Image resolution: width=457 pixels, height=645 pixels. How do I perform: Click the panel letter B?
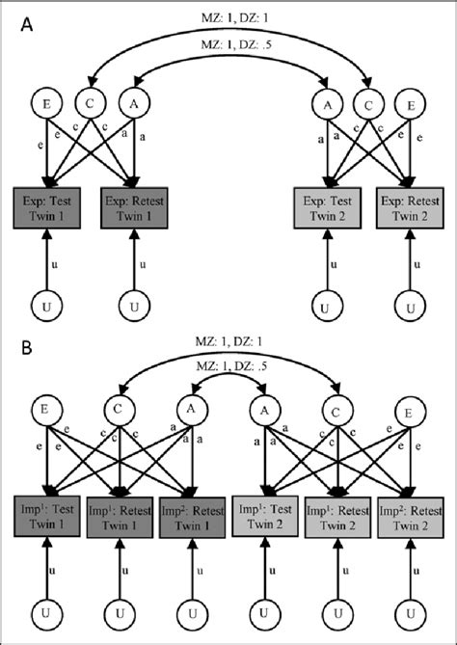click(27, 342)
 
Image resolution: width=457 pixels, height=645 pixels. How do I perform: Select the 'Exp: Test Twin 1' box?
click(47, 209)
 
